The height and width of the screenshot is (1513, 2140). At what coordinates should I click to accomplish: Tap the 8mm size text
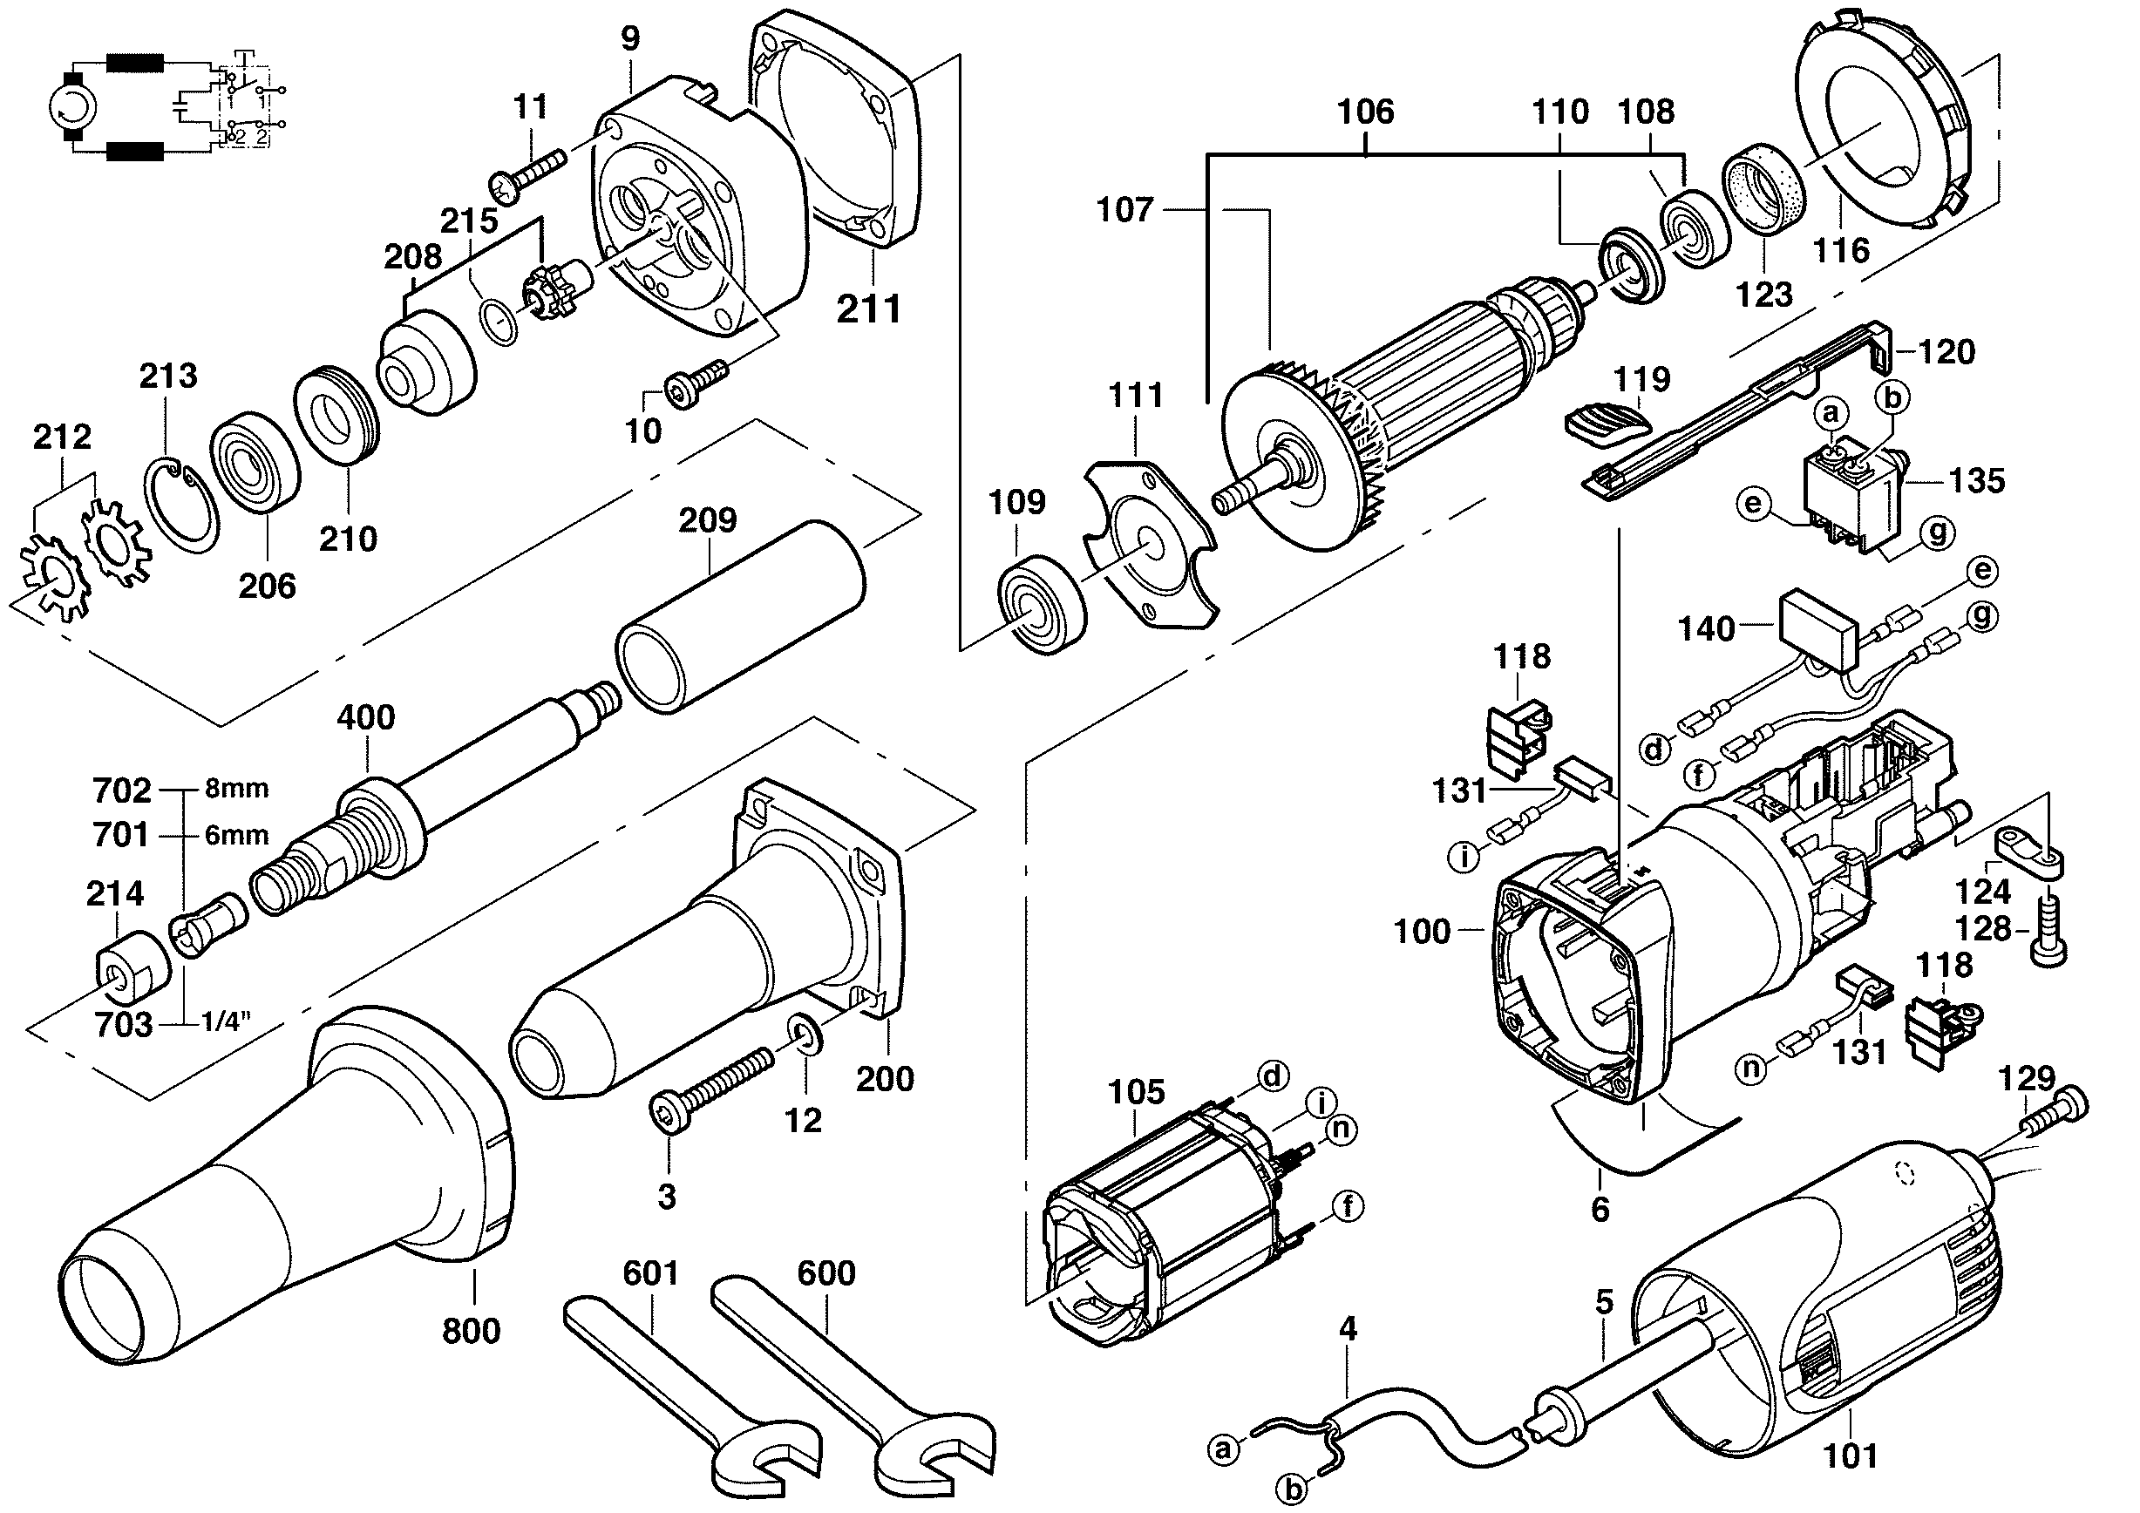tap(237, 788)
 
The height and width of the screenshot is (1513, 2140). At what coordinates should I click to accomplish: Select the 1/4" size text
tap(228, 1022)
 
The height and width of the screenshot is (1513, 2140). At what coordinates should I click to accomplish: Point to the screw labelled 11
tap(527, 175)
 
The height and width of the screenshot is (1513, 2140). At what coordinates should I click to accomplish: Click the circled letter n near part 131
tap(1751, 1068)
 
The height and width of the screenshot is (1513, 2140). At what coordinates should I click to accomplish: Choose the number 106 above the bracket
tap(1365, 112)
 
